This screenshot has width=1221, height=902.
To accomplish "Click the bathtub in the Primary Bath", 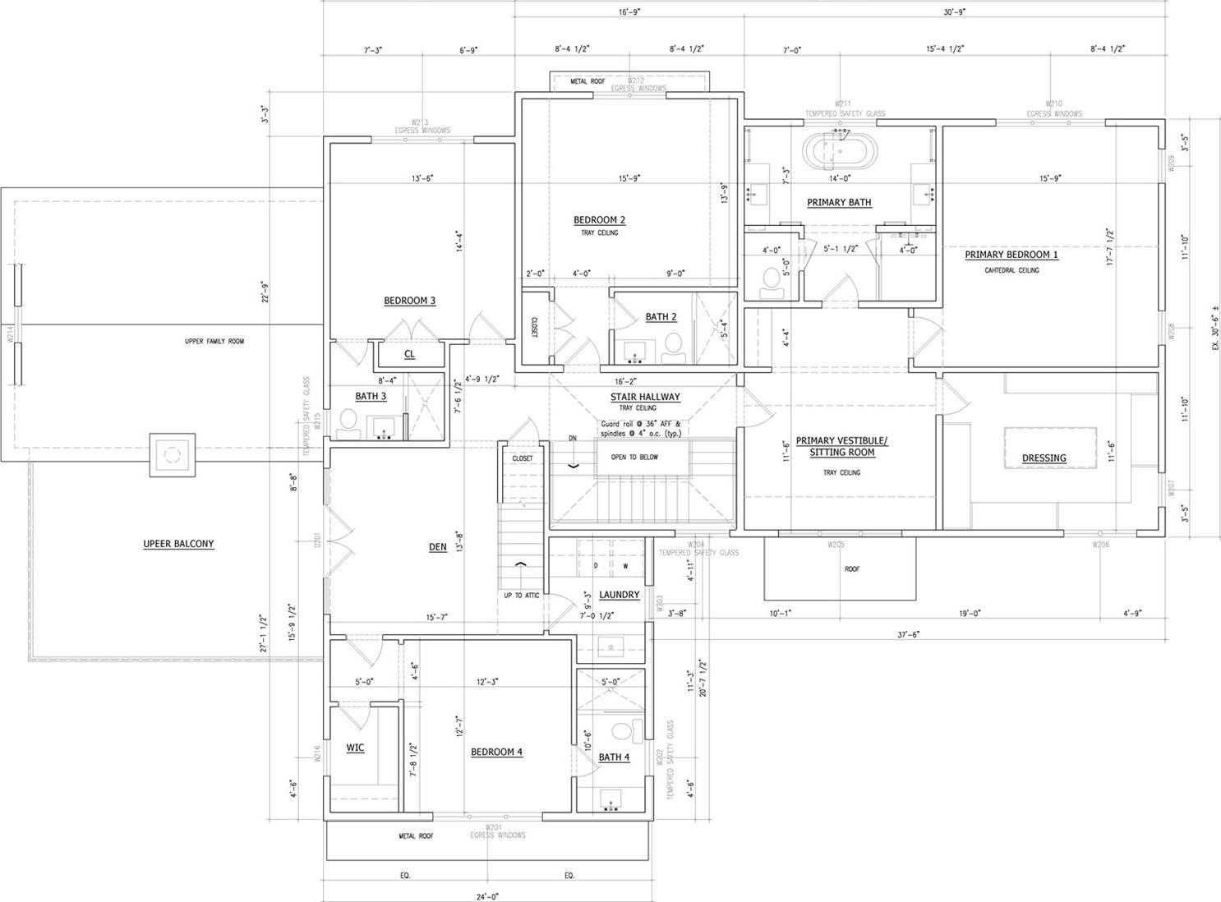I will point(840,152).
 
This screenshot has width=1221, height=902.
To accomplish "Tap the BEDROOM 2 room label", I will point(599,220).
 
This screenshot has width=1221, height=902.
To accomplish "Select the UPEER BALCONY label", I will point(178,544).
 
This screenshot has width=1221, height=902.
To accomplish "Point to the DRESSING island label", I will point(1044,458).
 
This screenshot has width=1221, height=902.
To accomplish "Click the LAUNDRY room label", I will point(619,595).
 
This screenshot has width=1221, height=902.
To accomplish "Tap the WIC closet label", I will point(355,748).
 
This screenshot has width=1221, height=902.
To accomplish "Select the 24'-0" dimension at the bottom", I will point(486,896).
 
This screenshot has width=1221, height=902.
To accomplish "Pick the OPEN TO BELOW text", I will point(634,458).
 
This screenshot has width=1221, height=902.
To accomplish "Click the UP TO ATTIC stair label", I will point(522,595).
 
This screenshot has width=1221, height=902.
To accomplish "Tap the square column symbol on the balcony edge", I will point(172,454).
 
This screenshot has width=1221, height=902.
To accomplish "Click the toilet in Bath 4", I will point(622,730).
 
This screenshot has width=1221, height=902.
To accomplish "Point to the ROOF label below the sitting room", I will point(852,568).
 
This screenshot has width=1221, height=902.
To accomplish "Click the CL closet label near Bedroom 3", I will point(409,354).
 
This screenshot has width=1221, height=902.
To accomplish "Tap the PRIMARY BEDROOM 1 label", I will point(1011,255).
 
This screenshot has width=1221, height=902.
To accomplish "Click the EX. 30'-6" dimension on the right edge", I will point(1215,329).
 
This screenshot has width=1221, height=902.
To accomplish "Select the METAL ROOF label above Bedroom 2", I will point(587,81).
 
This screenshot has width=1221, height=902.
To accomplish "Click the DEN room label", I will point(437,547).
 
